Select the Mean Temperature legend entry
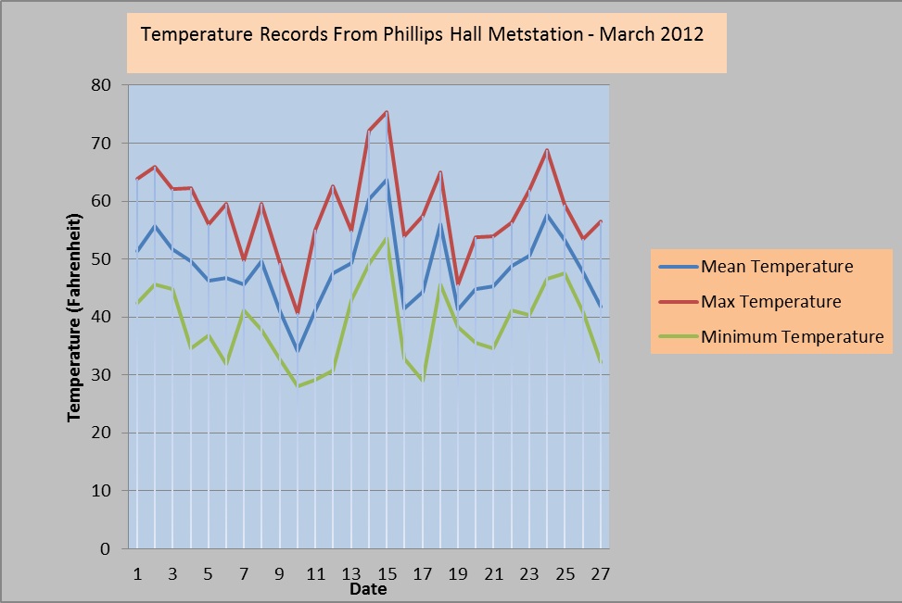(x=776, y=268)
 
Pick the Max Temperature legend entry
(x=771, y=302)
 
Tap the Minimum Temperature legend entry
(x=792, y=336)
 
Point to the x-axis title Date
(x=368, y=589)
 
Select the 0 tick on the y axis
(x=106, y=548)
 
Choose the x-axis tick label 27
(x=600, y=573)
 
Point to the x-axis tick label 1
(x=137, y=573)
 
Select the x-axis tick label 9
(x=280, y=573)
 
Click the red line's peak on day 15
(x=387, y=112)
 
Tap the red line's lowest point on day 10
(x=298, y=313)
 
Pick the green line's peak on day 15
(x=387, y=238)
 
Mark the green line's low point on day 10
(x=298, y=386)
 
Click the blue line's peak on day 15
(x=387, y=180)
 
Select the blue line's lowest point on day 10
(x=298, y=351)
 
